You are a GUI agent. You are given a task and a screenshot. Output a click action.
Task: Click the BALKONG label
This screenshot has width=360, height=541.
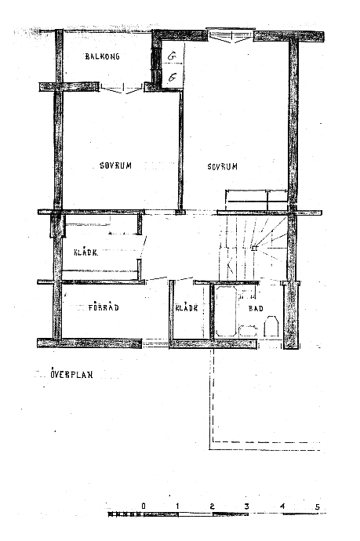(102, 56)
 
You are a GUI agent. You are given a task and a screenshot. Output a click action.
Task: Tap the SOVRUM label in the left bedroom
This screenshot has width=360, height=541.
(115, 165)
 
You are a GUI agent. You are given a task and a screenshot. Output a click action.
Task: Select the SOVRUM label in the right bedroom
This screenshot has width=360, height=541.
(222, 167)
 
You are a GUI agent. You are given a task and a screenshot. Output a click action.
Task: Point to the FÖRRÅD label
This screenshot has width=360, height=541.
(104, 307)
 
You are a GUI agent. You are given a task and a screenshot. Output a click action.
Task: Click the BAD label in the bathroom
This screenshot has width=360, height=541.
(256, 308)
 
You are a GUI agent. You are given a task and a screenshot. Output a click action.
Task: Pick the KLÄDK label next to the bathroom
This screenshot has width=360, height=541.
(187, 308)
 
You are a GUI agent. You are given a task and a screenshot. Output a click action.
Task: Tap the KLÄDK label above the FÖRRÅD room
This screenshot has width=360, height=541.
(86, 252)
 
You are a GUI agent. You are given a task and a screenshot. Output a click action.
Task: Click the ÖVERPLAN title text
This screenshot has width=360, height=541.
(72, 374)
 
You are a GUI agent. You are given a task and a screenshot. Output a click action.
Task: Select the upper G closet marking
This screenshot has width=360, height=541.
(172, 56)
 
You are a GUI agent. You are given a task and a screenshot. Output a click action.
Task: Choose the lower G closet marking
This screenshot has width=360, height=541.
(172, 78)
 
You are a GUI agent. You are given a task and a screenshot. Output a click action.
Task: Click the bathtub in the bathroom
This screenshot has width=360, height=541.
(226, 310)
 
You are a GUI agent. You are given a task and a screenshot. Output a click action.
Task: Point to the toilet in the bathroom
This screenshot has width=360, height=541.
(271, 326)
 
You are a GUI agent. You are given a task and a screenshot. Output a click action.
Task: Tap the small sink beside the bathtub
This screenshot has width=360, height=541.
(248, 331)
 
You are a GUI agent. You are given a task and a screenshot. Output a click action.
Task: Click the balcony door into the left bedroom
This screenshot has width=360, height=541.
(121, 88)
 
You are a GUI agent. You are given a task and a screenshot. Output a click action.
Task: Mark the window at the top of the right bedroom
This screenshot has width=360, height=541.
(231, 35)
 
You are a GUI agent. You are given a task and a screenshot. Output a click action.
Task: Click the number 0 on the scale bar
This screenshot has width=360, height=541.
(144, 507)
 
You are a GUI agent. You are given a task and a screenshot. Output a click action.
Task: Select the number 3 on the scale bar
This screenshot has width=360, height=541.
(247, 507)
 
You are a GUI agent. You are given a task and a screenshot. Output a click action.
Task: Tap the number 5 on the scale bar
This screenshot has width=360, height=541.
(318, 507)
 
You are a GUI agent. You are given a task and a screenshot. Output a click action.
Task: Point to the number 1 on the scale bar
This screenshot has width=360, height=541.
(177, 507)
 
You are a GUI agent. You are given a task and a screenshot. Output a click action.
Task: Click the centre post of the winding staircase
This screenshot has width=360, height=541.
(254, 248)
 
